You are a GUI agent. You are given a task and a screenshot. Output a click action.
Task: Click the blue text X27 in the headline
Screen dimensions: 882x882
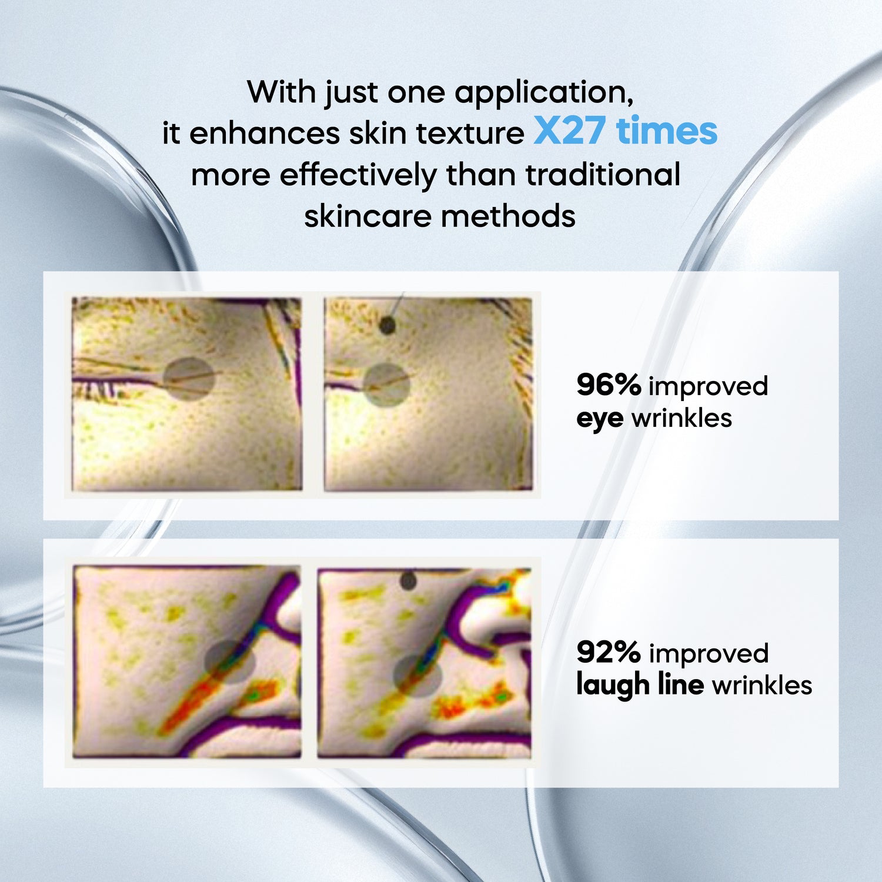pos(569,131)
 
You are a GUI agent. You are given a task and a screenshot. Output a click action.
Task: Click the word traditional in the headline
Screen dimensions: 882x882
pos(603,175)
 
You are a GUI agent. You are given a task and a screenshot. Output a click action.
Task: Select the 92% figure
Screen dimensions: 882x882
pos(609,652)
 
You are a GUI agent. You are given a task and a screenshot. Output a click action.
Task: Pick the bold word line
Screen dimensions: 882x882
pos(682,684)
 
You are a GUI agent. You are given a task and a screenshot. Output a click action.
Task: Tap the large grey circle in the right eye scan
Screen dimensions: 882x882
pos(386,385)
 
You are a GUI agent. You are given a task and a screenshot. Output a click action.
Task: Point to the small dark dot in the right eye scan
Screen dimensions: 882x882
pos(387,324)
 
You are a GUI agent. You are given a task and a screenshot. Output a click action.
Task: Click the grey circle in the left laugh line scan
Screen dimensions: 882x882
pos(230,662)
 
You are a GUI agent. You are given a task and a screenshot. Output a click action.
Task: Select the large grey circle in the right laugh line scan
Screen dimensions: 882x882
pos(417,676)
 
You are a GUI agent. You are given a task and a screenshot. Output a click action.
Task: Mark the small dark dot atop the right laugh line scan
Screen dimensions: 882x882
pos(408,582)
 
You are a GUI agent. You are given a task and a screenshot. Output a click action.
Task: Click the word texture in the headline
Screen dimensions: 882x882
pos(470,133)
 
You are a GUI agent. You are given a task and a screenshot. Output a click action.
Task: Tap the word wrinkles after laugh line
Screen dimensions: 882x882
pos(762,685)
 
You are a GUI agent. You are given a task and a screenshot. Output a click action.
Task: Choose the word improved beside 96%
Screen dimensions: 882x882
pos(709,387)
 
